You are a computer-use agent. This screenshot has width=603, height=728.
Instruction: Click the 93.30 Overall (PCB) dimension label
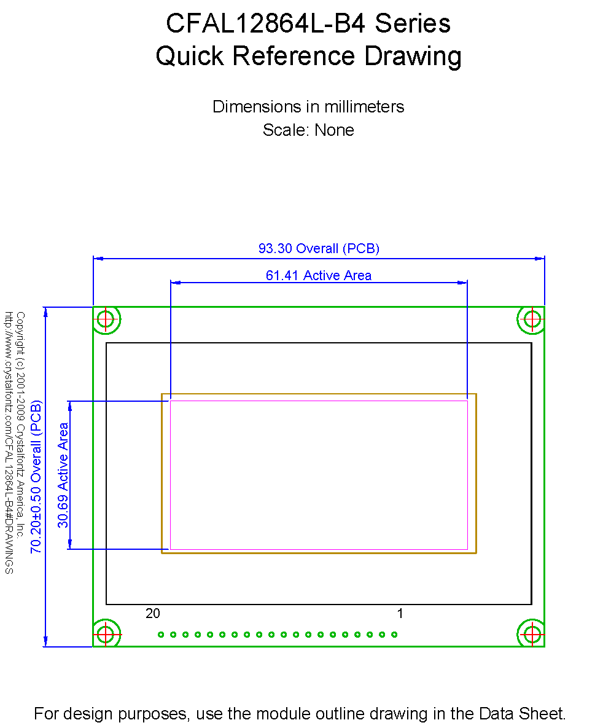[319, 248]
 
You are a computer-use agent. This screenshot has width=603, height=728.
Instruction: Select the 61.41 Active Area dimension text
[319, 275]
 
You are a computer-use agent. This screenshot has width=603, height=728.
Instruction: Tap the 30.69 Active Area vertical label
[63, 475]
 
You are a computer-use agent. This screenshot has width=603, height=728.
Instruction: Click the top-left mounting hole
[106, 319]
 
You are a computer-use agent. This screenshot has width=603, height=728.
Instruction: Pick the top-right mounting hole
[532, 319]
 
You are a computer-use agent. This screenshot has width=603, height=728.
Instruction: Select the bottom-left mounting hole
[106, 634]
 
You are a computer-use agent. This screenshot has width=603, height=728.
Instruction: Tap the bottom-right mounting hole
[532, 634]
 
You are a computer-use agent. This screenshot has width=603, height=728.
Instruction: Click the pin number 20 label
[153, 613]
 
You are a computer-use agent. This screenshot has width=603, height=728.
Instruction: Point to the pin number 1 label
[400, 613]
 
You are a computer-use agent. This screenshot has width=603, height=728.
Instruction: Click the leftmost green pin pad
[161, 635]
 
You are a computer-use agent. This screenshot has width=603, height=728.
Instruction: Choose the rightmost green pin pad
[394, 635]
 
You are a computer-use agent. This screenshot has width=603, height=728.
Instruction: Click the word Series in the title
[413, 23]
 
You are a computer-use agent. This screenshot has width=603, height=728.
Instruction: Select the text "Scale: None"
[308, 130]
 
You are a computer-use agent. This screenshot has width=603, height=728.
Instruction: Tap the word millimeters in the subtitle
[364, 107]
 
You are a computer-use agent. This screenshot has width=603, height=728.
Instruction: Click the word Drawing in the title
[413, 56]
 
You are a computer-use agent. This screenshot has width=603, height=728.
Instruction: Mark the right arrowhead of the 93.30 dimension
[540, 259]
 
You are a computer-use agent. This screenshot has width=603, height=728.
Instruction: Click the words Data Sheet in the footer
[522, 713]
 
